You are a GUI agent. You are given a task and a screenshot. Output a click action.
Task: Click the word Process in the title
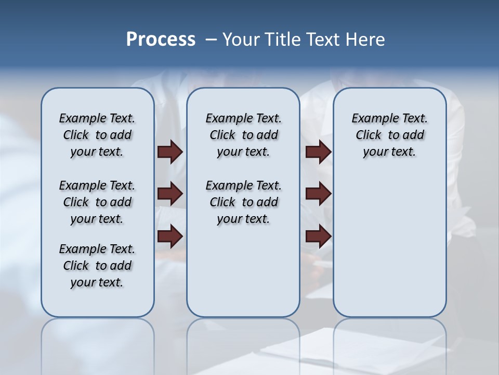(161, 40)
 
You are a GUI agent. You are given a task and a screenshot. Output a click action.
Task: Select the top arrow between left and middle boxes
(170, 152)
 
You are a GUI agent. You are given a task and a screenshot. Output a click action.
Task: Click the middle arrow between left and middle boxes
(170, 194)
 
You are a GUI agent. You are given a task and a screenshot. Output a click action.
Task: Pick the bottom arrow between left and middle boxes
(170, 236)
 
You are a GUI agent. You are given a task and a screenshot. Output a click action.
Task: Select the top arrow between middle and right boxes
(318, 152)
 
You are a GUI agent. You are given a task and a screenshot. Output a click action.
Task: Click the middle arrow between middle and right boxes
(318, 194)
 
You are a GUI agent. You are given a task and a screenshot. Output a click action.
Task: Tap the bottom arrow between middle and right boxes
(318, 236)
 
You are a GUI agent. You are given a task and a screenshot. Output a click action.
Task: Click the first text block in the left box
(97, 135)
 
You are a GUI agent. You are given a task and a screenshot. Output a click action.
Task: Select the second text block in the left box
(97, 202)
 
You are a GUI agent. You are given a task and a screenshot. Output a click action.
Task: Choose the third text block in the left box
(97, 266)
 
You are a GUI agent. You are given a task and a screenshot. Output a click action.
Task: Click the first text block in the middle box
(244, 135)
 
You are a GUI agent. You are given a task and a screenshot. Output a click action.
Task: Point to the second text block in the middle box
(244, 202)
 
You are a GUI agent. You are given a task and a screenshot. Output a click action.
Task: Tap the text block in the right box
(390, 135)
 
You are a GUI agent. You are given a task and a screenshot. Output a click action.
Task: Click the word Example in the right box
(371, 119)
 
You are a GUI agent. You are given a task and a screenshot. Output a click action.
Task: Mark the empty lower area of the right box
(390, 245)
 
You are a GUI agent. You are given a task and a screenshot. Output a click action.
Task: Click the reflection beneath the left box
(98, 339)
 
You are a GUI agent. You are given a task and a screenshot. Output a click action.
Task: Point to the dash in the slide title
(211, 40)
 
